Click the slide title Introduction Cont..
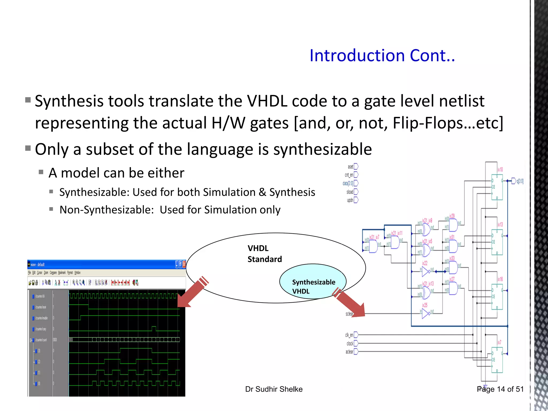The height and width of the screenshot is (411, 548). (x=382, y=56)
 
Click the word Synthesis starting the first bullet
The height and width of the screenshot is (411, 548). (x=69, y=101)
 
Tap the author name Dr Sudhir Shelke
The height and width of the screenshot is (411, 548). (x=274, y=389)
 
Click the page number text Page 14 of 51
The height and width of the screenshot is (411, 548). (x=500, y=389)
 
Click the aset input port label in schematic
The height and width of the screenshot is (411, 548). (x=350, y=167)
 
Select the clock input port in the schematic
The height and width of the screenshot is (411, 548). (x=350, y=344)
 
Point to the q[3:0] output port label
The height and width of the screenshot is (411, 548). (x=520, y=181)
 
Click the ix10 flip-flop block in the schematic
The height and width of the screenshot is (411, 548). (x=497, y=187)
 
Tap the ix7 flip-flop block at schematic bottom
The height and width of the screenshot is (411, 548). (x=497, y=360)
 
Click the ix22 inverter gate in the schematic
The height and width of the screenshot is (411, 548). (x=426, y=272)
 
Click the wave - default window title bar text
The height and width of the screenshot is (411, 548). (x=37, y=265)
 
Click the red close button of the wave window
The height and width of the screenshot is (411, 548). (x=184, y=264)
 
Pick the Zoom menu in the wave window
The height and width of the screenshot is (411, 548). (x=46, y=273)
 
